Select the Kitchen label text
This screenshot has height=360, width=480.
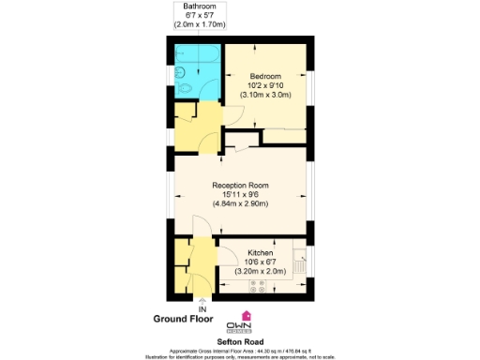click(x=260, y=253)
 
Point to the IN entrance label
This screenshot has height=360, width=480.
click(x=202, y=308)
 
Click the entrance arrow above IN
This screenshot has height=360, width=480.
click(x=202, y=300)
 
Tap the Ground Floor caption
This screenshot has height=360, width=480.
click(x=185, y=320)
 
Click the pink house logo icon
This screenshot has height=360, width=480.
click(x=247, y=316)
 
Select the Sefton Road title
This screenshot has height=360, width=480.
click(x=239, y=342)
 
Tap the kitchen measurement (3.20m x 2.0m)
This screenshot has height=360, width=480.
click(x=260, y=272)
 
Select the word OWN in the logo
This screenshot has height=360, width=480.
click(x=247, y=327)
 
